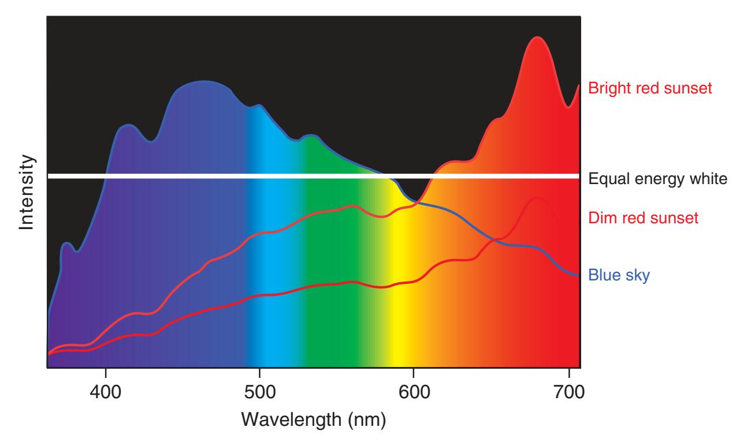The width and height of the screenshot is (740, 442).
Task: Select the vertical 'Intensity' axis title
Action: pos(27,193)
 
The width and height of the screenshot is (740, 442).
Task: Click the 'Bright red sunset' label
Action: pos(650,88)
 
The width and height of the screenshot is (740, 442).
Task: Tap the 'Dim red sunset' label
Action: pos(644,218)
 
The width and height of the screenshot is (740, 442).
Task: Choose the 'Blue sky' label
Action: pos(619,275)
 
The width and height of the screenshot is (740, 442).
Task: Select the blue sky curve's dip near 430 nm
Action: pos(151,140)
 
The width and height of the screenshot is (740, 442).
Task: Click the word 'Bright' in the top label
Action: pos(607,88)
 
